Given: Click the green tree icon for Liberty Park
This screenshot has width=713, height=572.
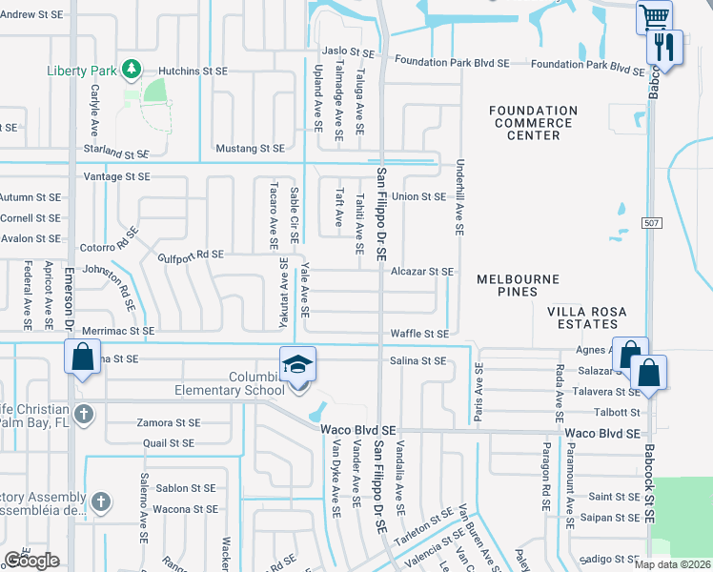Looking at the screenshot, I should [x=132, y=70].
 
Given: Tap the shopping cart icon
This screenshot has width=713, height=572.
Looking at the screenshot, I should [x=655, y=16].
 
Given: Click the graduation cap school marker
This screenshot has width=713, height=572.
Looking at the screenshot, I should [x=296, y=363].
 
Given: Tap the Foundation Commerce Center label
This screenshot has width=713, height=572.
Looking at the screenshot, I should [x=534, y=123].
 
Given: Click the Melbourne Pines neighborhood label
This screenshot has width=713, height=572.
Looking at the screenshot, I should [x=517, y=285].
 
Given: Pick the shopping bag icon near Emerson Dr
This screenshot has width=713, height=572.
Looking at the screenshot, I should [x=83, y=357].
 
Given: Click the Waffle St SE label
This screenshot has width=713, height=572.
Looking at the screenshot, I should [x=419, y=334].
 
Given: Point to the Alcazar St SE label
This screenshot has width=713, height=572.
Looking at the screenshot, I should [x=421, y=272].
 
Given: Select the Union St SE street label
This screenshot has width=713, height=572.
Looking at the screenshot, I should [x=419, y=196].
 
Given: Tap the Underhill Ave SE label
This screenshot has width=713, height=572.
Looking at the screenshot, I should [x=459, y=197].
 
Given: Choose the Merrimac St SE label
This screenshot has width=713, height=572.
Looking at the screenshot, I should [x=118, y=330].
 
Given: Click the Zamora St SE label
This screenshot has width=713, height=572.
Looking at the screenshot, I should [x=168, y=422].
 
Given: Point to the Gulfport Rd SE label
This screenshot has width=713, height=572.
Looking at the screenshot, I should [x=190, y=254].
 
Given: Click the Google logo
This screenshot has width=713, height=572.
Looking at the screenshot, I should [x=31, y=561].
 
